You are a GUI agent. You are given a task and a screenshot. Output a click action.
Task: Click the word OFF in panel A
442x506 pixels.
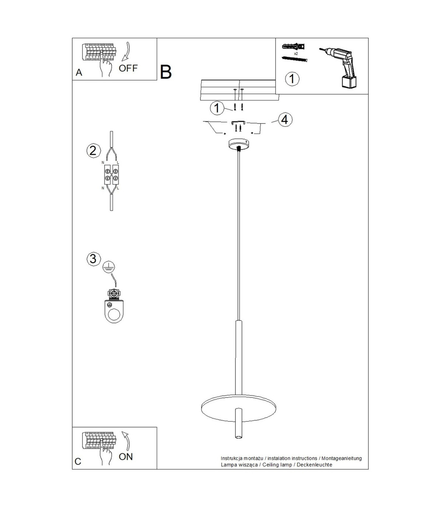point(128,68)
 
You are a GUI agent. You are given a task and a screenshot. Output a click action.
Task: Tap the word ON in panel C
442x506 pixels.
point(126,457)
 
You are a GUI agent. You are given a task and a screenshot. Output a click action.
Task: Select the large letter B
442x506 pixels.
point(166,72)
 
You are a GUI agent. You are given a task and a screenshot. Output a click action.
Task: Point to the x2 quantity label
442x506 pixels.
point(296,53)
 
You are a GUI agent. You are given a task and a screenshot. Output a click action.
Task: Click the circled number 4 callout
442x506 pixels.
point(285,120)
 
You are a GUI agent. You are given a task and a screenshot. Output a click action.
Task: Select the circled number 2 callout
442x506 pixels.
point(93,150)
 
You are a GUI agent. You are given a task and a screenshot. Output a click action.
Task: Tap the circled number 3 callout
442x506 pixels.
point(93,259)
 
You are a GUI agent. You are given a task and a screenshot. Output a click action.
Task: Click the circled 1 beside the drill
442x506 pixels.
point(292,79)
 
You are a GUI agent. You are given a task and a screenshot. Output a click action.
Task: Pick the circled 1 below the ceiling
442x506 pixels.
point(217,108)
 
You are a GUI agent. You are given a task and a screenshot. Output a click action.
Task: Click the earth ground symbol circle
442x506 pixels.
point(109,267)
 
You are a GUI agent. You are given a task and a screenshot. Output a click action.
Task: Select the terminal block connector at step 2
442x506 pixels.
point(112,174)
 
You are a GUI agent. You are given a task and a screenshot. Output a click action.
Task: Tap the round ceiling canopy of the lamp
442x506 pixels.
point(238,144)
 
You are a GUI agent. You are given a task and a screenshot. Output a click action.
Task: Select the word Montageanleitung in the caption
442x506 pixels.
point(341,458)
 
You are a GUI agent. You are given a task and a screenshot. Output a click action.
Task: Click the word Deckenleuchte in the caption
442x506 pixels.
point(314,465)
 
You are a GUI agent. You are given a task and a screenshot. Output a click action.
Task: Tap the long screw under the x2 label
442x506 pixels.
point(295,59)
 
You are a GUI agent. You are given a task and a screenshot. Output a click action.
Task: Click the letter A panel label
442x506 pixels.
point(79,72)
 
